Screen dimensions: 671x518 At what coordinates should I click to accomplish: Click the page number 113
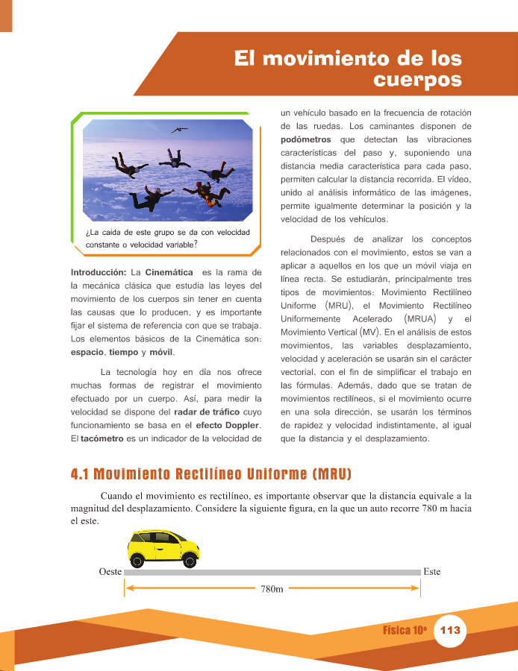(x=450, y=630)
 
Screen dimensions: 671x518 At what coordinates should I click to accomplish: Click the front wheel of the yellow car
(x=190, y=561)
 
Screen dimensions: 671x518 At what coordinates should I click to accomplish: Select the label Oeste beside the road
(x=110, y=572)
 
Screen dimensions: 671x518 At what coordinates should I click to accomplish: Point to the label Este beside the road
(x=431, y=572)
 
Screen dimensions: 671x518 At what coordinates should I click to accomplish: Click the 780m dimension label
(x=272, y=589)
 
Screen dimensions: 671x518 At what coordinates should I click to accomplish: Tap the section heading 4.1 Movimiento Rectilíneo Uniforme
(x=210, y=474)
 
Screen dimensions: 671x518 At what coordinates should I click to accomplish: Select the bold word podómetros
(x=306, y=139)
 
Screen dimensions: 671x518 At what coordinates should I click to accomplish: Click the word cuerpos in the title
(x=417, y=79)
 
